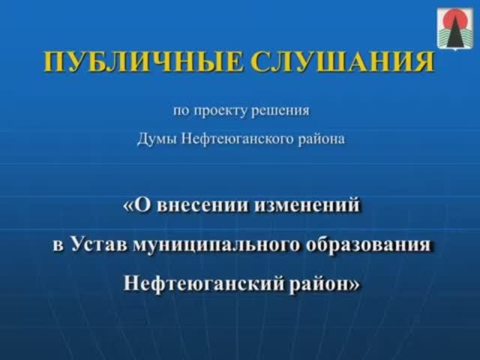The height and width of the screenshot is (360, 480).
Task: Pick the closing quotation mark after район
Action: pos(355,284)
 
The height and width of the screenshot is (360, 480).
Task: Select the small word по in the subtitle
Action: pos(181,112)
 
